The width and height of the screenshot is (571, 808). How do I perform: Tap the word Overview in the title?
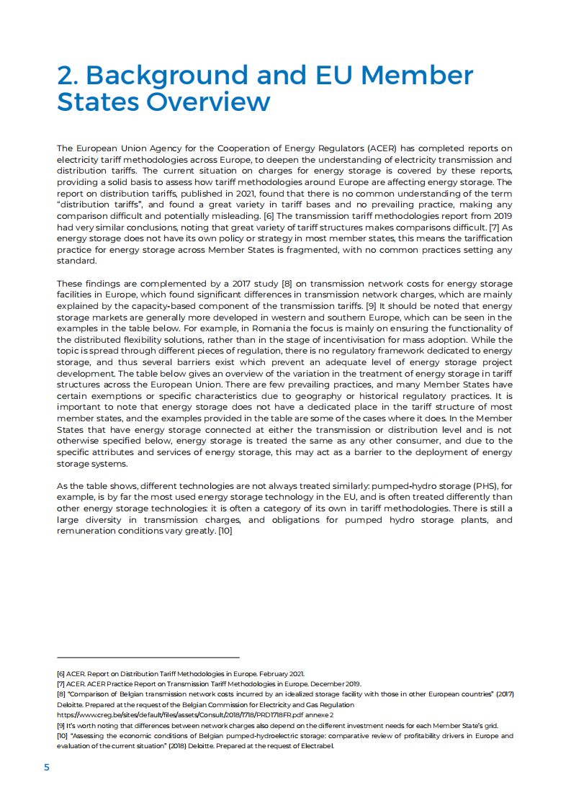[x=208, y=102]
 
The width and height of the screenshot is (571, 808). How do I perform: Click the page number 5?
[x=47, y=767]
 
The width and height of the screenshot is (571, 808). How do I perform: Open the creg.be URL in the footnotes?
[x=187, y=715]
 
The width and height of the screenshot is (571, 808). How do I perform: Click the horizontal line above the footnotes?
[x=148, y=657]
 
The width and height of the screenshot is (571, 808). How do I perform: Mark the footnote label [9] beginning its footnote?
[x=60, y=725]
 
